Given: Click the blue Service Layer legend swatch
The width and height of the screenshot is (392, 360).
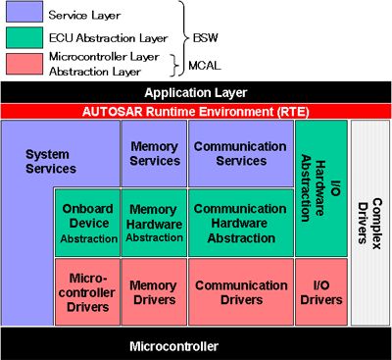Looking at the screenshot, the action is click(24, 12).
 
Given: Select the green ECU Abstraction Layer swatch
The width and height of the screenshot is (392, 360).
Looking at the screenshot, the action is click(24, 37).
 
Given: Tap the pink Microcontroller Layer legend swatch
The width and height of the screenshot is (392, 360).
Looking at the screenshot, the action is click(24, 64).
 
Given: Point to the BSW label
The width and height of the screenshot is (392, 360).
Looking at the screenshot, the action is click(205, 38).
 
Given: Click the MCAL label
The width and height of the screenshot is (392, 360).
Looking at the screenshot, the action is click(205, 66).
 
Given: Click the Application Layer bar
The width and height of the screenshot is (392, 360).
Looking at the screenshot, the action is click(196, 92).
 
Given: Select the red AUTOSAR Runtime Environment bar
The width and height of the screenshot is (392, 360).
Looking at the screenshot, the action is click(196, 112).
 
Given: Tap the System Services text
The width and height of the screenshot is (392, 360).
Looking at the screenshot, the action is click(51, 162).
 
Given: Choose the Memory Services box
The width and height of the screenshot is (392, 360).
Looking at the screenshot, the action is click(154, 153).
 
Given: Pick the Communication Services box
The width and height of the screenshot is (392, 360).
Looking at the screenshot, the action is click(241, 153).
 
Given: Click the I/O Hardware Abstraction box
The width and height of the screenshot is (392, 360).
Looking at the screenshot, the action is click(321, 188).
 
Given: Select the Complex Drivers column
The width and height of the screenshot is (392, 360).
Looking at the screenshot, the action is click(370, 223).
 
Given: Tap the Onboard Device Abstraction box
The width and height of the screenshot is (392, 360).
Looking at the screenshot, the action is click(87, 223).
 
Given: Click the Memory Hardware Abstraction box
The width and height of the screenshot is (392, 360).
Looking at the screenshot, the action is click(154, 223).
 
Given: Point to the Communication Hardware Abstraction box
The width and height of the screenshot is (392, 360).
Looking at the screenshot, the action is click(241, 223).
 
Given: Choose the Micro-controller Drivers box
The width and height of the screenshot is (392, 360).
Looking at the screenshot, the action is click(87, 292).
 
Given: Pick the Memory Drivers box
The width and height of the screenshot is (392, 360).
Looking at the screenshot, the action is click(154, 292).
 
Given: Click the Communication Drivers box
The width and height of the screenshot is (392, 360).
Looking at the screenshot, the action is click(241, 292).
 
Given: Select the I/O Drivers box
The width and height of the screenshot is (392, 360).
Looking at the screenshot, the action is click(321, 292).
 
